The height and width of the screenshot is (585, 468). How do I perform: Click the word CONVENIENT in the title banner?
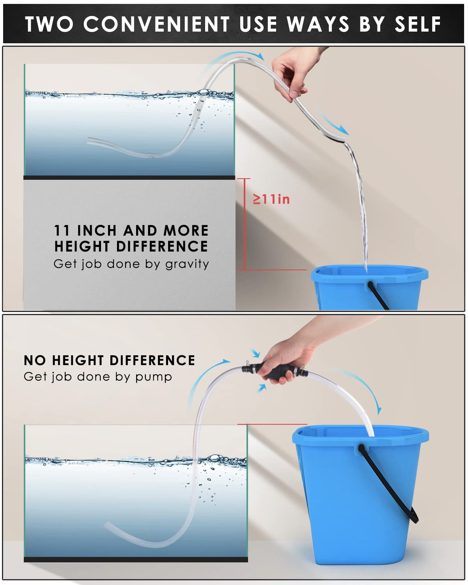click(x=156, y=24)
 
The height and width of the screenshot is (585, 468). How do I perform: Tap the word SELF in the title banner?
click(x=418, y=24)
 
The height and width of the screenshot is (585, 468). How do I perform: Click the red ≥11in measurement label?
click(x=271, y=199)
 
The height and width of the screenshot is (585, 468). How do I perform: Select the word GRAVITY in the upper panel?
click(x=187, y=264)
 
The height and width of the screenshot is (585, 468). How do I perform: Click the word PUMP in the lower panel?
click(x=154, y=377)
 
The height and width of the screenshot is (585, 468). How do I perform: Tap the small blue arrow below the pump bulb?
click(x=262, y=388)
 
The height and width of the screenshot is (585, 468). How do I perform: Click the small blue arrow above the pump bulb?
click(x=255, y=353)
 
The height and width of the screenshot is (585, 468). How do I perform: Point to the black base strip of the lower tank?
click(x=136, y=560)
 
